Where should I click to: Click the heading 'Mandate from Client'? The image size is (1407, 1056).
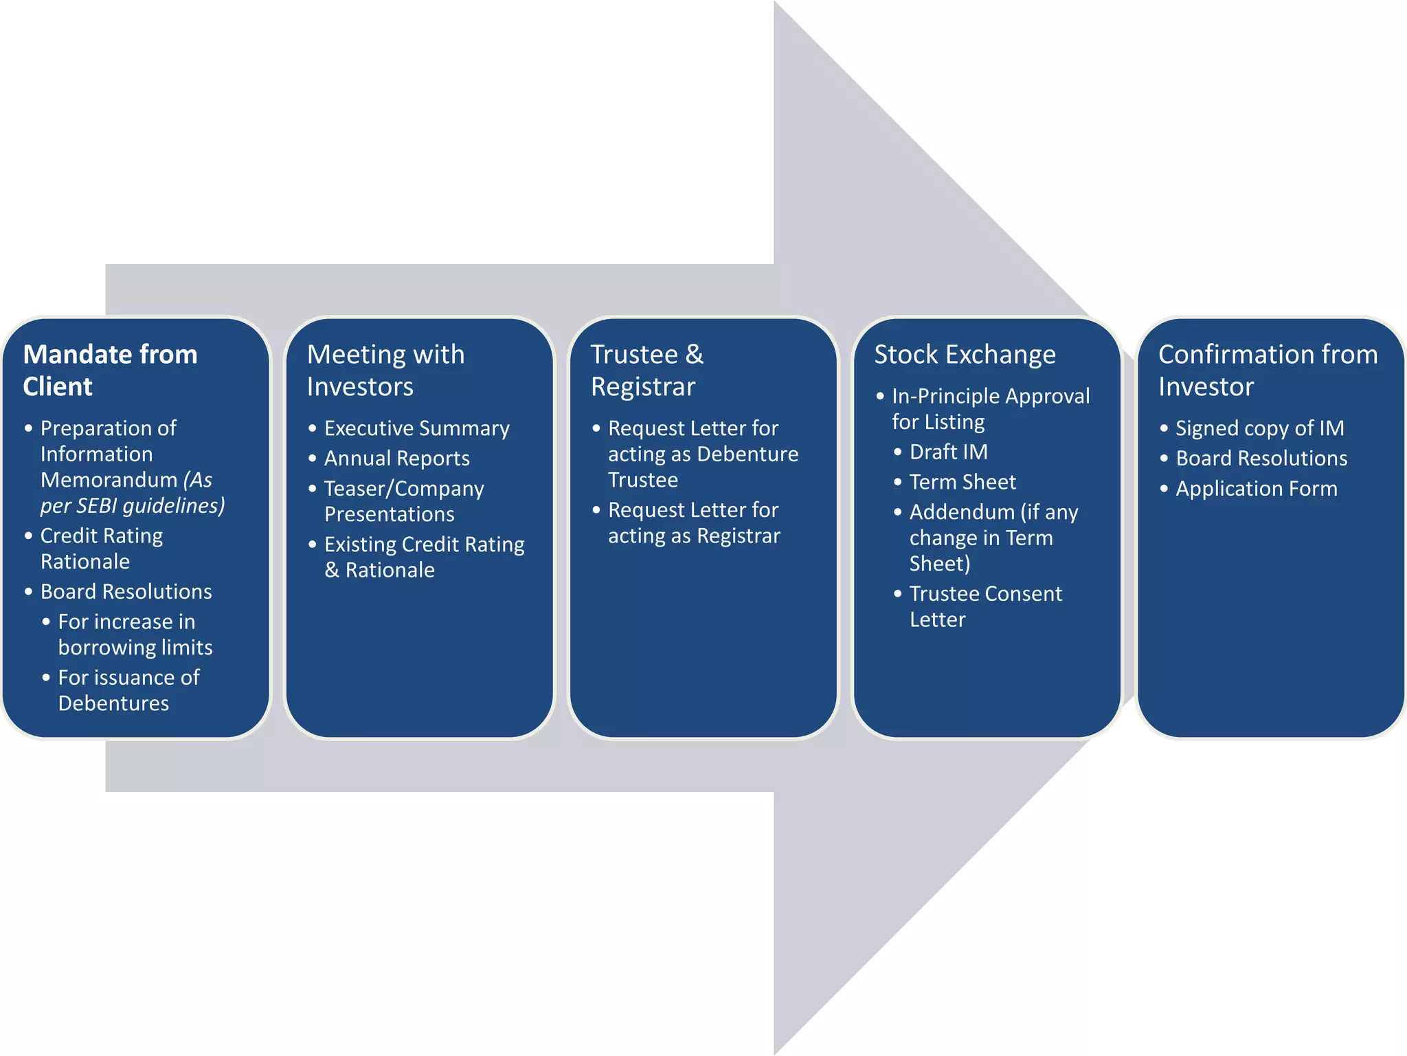[110, 370]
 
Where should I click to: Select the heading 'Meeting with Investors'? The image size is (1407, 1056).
[385, 370]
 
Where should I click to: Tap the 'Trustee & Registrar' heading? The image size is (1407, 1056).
[646, 370]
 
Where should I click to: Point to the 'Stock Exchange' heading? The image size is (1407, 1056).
[965, 355]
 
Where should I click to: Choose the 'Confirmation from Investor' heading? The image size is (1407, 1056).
[1268, 370]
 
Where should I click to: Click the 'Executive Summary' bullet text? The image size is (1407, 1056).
[416, 428]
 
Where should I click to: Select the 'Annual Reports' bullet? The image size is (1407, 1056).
[396, 459]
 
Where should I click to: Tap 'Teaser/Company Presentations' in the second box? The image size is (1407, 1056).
[403, 501]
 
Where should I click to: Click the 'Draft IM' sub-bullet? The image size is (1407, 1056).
[948, 452]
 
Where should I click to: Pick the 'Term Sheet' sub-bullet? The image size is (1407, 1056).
[962, 483]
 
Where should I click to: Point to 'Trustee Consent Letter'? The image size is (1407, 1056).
[985, 606]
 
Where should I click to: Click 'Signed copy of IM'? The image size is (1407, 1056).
[1259, 428]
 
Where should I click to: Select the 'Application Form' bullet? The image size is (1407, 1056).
[1256, 489]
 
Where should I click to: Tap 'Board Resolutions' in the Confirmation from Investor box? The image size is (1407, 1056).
[1261, 459]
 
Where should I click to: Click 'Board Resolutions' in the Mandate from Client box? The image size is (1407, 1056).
[126, 592]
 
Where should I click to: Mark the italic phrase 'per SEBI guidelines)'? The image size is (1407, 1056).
[133, 506]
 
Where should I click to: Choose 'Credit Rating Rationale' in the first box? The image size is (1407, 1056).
[101, 549]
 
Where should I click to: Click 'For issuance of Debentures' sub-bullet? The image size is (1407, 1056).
[128, 690]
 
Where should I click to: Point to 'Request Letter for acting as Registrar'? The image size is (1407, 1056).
[693, 523]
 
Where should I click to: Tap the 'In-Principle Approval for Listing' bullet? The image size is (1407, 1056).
[990, 409]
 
